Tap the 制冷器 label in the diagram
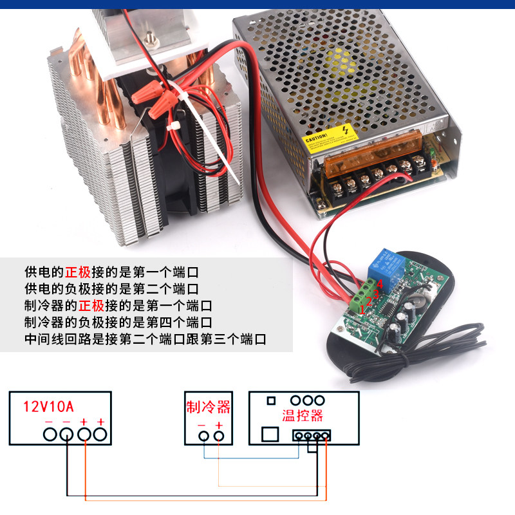click(x=208, y=407)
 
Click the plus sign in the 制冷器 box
click(x=220, y=425)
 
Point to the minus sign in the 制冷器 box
click(x=201, y=425)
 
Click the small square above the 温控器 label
click(x=271, y=400)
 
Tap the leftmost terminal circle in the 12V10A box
click(x=50, y=435)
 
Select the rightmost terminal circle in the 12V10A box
click(x=100, y=435)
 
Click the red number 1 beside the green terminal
click(x=362, y=310)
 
